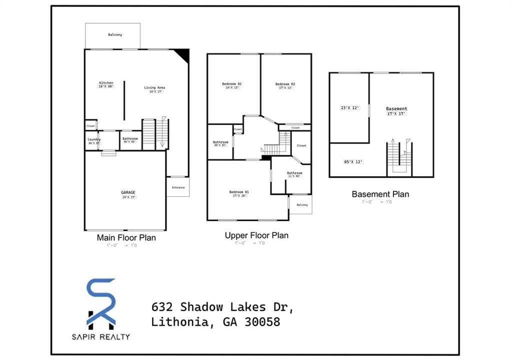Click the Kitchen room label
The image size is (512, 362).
(106, 83)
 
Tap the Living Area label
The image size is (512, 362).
(154, 88)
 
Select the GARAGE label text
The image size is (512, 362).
(128, 192)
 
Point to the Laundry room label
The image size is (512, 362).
(94, 139)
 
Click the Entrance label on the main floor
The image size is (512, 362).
(178, 187)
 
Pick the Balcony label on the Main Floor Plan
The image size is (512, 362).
(115, 35)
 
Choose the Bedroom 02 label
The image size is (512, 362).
(285, 84)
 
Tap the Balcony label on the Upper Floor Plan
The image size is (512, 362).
(302, 205)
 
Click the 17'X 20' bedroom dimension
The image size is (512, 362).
(239, 196)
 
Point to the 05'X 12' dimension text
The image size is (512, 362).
(353, 162)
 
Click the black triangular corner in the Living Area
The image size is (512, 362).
(183, 55)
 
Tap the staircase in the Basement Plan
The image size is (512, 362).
(399, 158)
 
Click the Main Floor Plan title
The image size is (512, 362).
(126, 238)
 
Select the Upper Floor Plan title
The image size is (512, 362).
(256, 235)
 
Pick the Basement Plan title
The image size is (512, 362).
(380, 194)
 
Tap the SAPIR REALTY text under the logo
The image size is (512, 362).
(101, 336)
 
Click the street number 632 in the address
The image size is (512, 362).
(162, 306)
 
